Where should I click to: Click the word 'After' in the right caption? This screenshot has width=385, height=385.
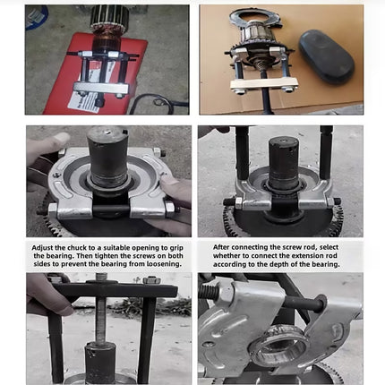pyautogui.click(x=221, y=247)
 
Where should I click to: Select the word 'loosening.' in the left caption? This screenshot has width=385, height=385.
pyautogui.click(x=164, y=264)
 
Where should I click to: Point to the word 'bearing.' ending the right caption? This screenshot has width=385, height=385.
pyautogui.click(x=327, y=264)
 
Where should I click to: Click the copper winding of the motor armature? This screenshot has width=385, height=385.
pyautogui.click(x=107, y=42)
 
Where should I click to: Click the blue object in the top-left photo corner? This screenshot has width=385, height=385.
pyautogui.click(x=36, y=17)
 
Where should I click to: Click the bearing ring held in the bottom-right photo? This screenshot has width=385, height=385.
pyautogui.click(x=278, y=346)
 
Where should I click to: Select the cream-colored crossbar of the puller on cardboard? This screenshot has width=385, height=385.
pyautogui.click(x=264, y=83)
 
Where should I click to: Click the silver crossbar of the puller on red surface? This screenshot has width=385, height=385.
pyautogui.click(x=101, y=89)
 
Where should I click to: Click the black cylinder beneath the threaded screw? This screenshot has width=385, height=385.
pyautogui.click(x=100, y=363)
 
